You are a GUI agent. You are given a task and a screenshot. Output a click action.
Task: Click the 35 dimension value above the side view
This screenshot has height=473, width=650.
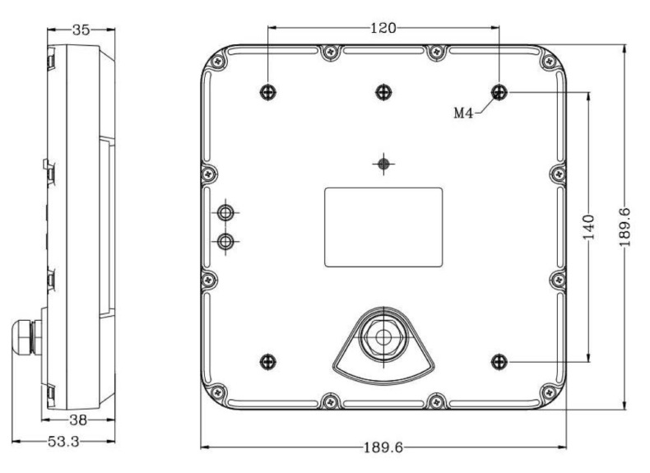81,30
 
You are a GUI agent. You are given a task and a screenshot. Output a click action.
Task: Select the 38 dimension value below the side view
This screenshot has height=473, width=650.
78,420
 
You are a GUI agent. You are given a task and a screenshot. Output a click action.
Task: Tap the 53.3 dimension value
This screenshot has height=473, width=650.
63,442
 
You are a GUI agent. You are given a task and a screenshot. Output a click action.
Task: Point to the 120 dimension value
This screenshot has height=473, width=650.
383,28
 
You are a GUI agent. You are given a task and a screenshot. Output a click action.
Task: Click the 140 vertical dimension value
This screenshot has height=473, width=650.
588,227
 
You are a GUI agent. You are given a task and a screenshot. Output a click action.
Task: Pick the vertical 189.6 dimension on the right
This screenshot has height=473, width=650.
624,227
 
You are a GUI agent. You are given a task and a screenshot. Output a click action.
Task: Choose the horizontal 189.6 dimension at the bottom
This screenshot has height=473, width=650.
383,447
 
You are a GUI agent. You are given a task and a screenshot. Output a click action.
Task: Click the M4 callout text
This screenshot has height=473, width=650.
463,113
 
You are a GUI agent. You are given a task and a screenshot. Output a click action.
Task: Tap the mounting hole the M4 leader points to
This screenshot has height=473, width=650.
499,92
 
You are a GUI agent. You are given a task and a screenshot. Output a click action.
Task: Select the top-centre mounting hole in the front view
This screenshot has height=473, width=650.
383,92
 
